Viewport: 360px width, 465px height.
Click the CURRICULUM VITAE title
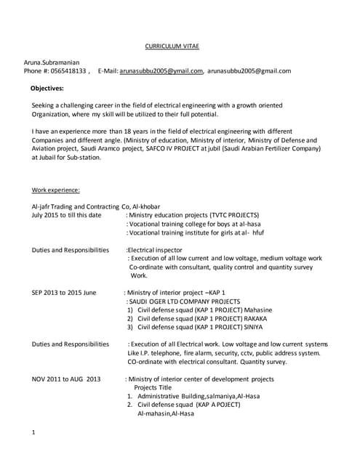tap(168, 46)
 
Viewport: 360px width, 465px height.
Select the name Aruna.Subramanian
tap(56, 62)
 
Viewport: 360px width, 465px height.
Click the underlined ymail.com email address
tap(161, 71)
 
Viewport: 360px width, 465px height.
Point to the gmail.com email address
tap(249, 71)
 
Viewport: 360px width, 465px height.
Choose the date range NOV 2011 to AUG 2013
tap(66, 379)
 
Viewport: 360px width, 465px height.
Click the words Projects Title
tap(156, 387)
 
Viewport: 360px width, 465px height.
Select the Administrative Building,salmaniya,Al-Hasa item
tap(198, 396)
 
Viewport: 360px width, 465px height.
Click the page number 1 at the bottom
tap(34, 433)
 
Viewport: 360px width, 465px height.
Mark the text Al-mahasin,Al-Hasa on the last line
tap(166, 413)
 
